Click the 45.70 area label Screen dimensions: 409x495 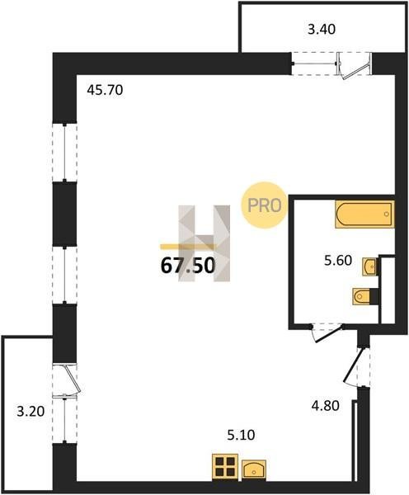[x=105, y=91]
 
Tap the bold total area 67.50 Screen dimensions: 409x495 [x=188, y=265]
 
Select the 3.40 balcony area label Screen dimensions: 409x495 [x=322, y=30]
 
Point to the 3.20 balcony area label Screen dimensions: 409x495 [x=31, y=412]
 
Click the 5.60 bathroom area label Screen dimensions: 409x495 [x=338, y=261]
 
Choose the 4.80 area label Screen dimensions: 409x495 [x=326, y=405]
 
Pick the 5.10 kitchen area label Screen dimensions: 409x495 [x=241, y=435]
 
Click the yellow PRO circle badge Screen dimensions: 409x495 [x=264, y=205]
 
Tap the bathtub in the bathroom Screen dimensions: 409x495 [x=364, y=214]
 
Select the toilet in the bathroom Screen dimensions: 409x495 [x=361, y=296]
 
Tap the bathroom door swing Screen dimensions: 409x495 [x=326, y=334]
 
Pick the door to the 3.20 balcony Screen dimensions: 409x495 [x=72, y=379]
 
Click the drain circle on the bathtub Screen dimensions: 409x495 [x=387, y=214]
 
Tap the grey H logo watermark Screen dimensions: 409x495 [x=204, y=243]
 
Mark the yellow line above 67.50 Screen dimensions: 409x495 [x=188, y=247]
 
